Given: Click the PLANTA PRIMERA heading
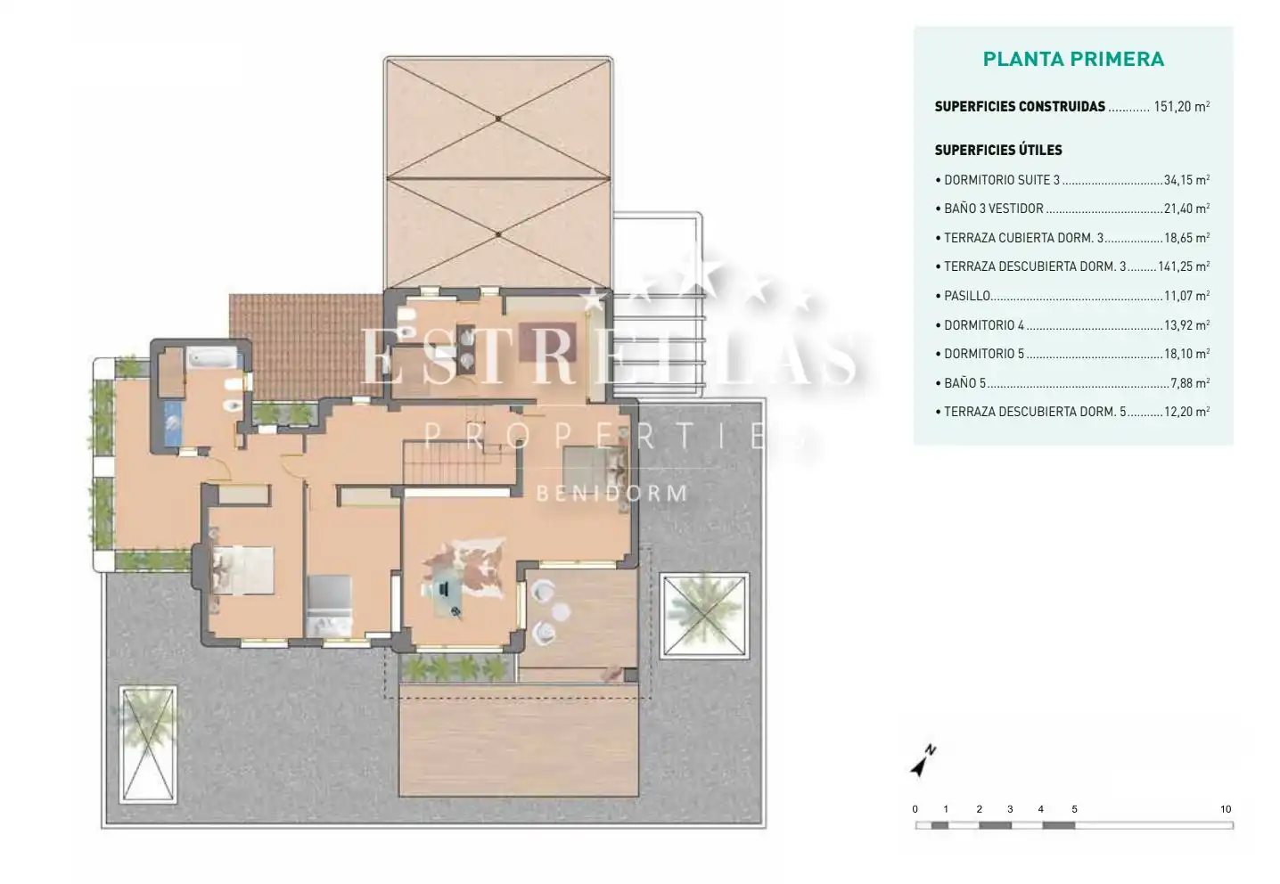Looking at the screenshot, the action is click(x=1073, y=60).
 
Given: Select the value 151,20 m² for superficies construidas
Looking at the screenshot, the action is click(x=1182, y=106).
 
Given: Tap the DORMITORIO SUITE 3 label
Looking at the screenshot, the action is click(x=1002, y=180).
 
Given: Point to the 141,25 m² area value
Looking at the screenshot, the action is click(x=1184, y=266).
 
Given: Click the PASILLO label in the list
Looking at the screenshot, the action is click(x=967, y=296).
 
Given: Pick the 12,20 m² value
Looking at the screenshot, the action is click(x=1187, y=412).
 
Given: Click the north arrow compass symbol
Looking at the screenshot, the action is click(x=923, y=760).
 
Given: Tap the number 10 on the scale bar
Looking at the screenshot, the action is click(x=1225, y=809).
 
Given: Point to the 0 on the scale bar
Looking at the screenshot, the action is click(x=915, y=809).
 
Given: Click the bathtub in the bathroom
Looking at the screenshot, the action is click(x=212, y=358).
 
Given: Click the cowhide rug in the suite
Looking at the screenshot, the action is click(x=464, y=568).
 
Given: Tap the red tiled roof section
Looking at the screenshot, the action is click(x=306, y=347).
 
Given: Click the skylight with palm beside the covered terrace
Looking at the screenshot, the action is click(x=704, y=616).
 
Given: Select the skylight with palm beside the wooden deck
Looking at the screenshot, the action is click(x=148, y=745).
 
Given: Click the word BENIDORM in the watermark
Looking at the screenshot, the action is click(x=612, y=494).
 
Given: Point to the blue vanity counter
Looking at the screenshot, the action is click(x=173, y=423).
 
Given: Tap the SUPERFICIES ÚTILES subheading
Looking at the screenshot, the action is click(x=998, y=150).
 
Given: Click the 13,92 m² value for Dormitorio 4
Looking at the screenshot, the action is click(x=1187, y=325).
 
